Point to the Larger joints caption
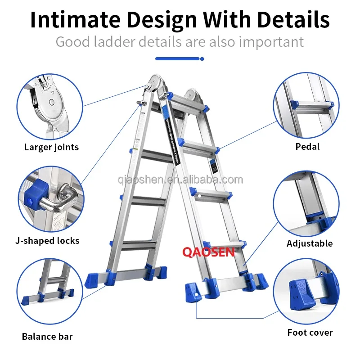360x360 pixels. coord(51,147)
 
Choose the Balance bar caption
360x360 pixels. coord(47,336)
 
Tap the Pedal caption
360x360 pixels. coord(308,146)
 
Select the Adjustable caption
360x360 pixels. coord(310,243)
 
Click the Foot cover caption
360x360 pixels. coord(310,333)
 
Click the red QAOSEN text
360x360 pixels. coord(208,252)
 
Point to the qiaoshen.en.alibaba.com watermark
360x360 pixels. coord(180,180)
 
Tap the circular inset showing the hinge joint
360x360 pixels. coord(50,107)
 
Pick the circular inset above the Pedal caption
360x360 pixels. coord(307,107)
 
